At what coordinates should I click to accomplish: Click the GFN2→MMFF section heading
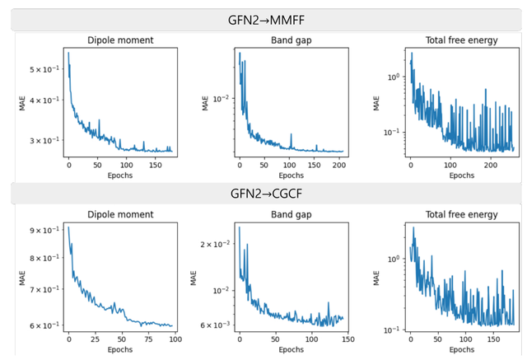[264, 19]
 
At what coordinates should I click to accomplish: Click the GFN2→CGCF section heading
[264, 194]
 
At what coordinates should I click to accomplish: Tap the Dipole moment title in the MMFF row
[119, 40]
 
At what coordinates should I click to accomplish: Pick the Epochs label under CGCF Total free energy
[461, 348]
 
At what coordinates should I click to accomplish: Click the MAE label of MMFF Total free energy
[376, 104]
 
